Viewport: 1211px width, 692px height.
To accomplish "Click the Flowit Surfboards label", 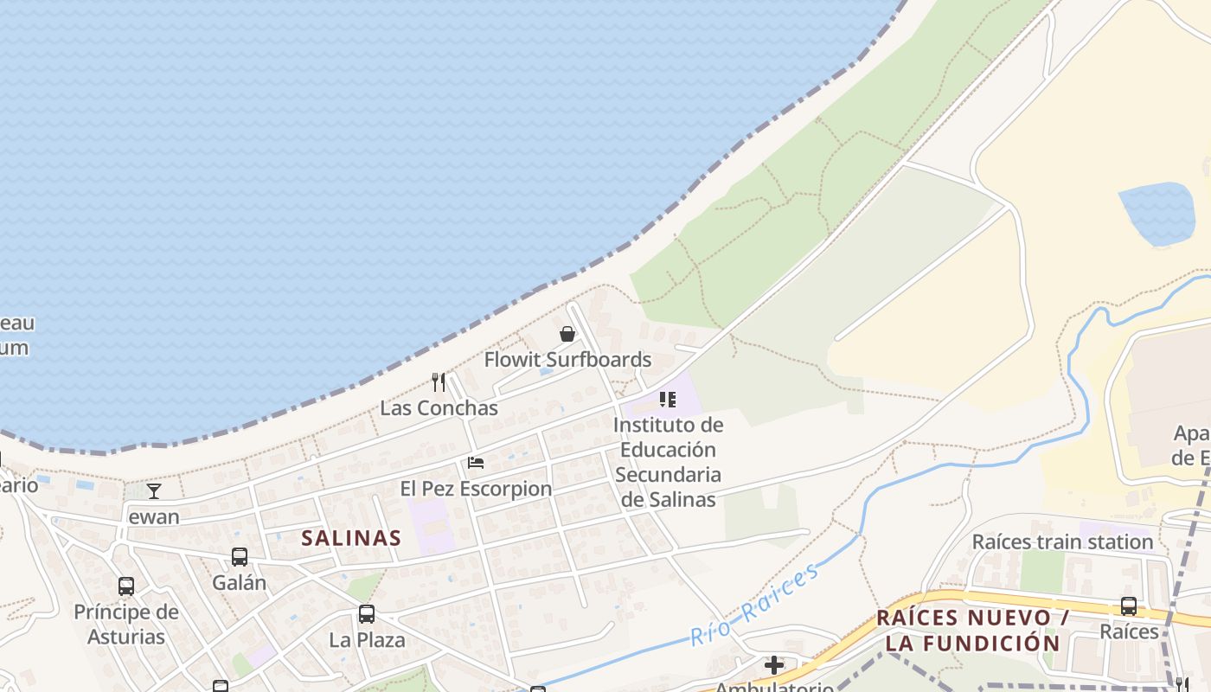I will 567,360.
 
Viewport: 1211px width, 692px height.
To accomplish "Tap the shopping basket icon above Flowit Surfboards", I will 567,334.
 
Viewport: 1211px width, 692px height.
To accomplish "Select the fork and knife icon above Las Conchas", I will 439,381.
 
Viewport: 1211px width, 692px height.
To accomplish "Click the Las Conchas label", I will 439,408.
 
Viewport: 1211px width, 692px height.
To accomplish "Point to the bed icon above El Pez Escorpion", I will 476,463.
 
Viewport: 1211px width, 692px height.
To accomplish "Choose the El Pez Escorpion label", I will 476,489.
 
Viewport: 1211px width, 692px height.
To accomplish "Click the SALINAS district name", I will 351,538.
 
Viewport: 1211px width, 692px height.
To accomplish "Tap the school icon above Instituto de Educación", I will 667,400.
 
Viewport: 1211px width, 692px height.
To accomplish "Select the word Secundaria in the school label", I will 668,475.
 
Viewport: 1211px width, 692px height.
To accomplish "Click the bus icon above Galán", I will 240,557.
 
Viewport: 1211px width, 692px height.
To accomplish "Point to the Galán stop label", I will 240,582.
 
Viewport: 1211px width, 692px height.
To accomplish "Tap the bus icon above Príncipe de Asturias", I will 126,586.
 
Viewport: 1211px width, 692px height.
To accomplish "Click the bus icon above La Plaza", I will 367,614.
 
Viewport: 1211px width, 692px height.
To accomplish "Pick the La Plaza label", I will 367,640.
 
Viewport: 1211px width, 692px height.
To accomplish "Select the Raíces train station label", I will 1062,542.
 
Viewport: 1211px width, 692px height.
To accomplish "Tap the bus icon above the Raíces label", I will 1129,606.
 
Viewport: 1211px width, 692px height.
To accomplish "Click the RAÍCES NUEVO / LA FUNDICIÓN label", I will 972,631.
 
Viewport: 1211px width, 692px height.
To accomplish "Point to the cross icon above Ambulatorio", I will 774,665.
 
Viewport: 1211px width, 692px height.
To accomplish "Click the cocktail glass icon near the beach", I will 154,491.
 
